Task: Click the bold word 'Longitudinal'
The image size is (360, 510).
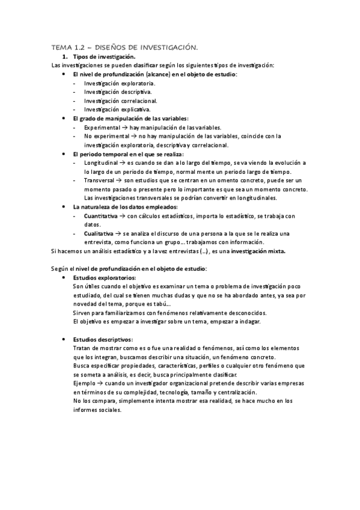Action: click(x=100, y=164)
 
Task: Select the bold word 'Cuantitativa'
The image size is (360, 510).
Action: click(x=101, y=216)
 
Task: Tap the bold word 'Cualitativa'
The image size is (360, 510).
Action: click(x=100, y=233)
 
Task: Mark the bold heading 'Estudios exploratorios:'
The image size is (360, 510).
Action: click(x=104, y=278)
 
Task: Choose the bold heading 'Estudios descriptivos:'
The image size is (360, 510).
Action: click(x=102, y=340)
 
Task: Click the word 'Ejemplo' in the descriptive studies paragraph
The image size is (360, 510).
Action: click(x=83, y=384)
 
